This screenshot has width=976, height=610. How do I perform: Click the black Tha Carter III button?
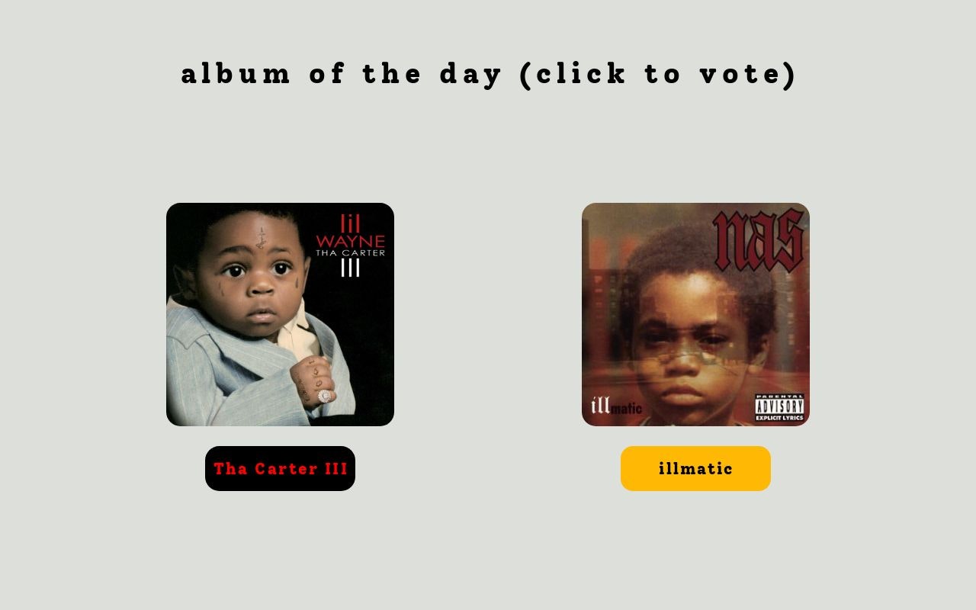[x=280, y=468]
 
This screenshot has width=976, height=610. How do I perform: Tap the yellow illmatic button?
[x=695, y=468]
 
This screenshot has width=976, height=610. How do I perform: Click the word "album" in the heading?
[x=236, y=74]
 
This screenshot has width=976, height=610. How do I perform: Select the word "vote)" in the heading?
[x=749, y=74]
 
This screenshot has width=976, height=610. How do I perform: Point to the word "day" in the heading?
[x=470, y=74]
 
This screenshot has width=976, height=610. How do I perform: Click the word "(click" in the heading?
[x=573, y=74]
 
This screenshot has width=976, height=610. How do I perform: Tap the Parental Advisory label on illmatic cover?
[x=779, y=407]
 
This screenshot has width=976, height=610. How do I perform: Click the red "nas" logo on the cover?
[x=758, y=240]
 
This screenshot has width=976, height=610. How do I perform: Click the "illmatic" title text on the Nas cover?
[x=616, y=406]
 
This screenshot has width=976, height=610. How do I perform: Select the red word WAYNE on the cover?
[x=350, y=242]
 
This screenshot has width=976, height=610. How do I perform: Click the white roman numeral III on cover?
[x=350, y=268]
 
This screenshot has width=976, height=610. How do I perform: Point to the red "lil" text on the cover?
[x=350, y=223]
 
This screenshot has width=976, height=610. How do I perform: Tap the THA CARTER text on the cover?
[x=350, y=253]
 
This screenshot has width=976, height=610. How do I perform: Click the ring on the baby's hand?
[x=324, y=396]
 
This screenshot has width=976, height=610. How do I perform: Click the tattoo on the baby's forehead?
[x=261, y=238]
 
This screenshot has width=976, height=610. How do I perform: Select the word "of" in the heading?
[x=326, y=74]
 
